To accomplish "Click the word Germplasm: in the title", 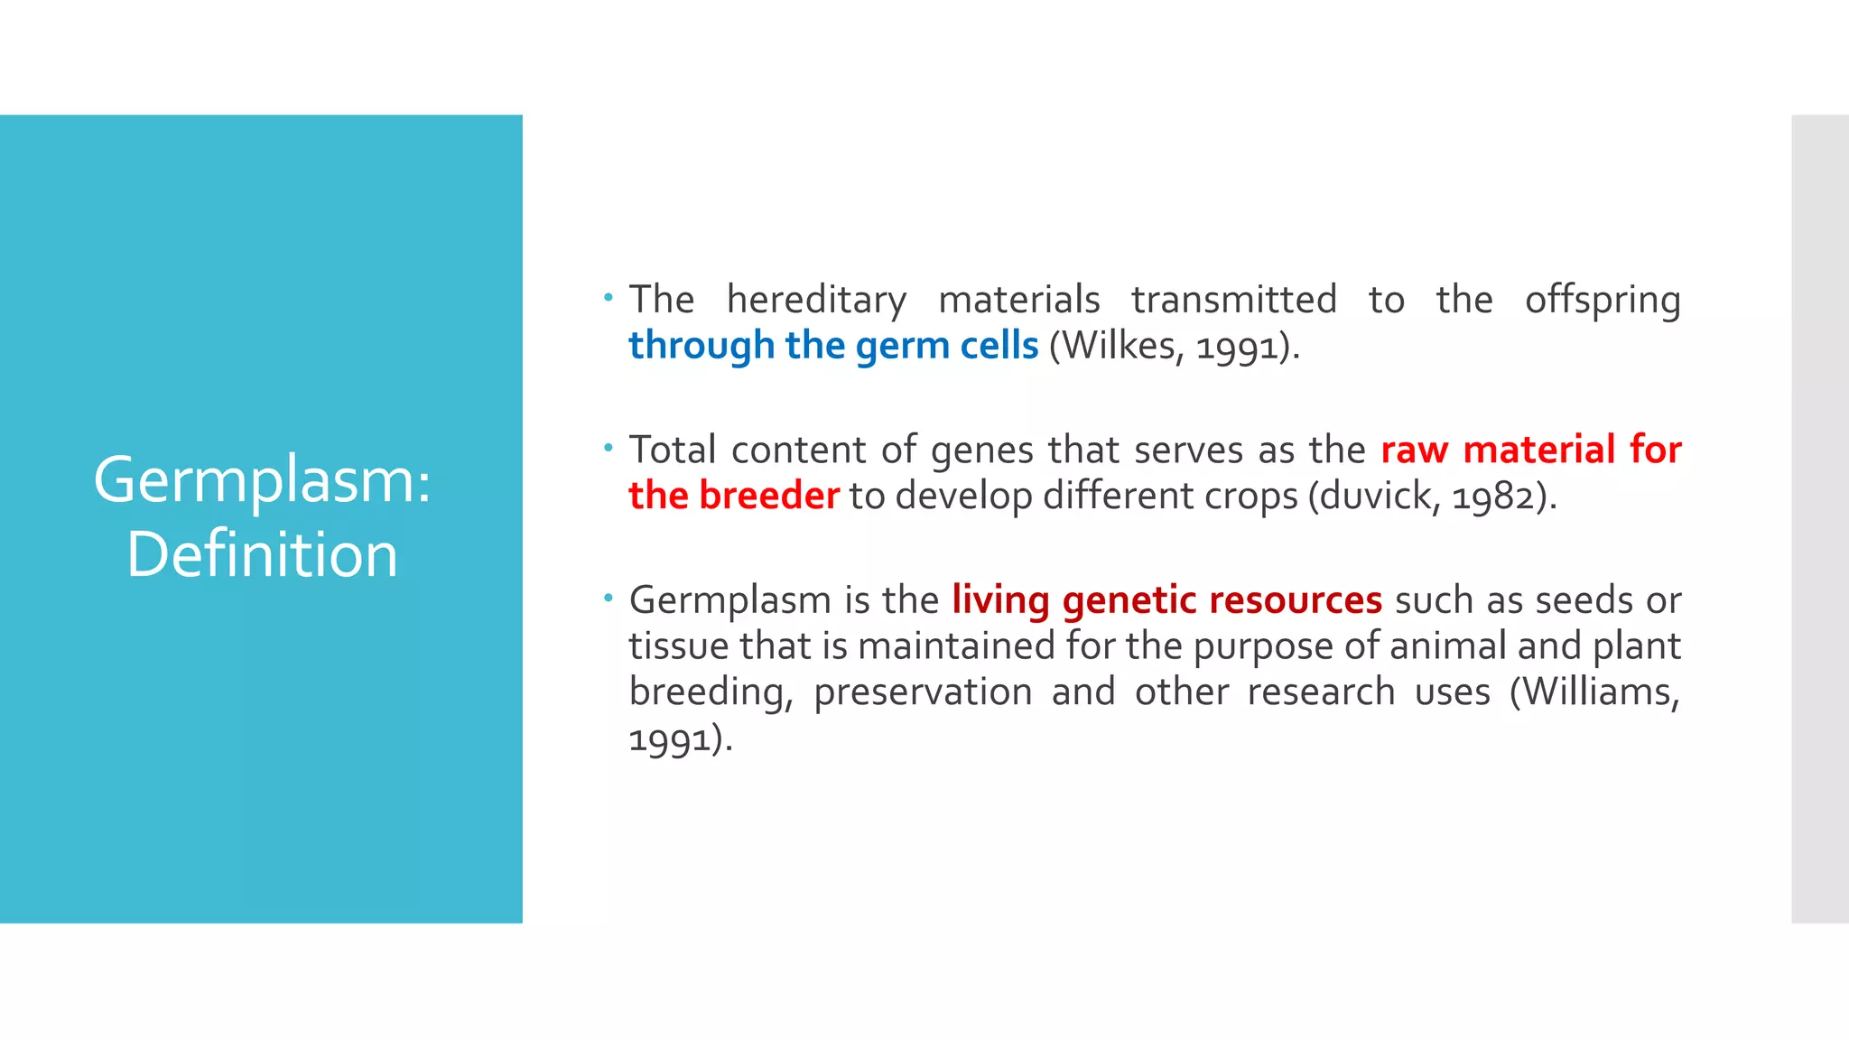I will (262, 480).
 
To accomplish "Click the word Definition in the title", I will (262, 554).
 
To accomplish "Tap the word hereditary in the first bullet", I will (816, 300).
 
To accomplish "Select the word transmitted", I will (1233, 300).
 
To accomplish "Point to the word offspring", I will (1603, 300).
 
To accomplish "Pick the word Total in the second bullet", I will (673, 450).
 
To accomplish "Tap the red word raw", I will (1415, 450).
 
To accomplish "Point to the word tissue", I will (678, 646).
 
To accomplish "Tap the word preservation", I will (923, 692).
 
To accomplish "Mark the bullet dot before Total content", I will (609, 447).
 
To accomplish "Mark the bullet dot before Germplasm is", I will (609, 597).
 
